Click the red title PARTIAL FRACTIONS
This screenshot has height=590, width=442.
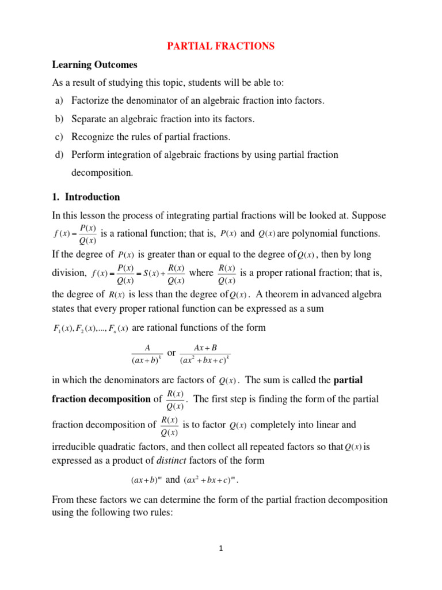point(221,46)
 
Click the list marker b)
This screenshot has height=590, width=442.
point(59,119)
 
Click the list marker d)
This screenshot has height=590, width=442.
point(59,154)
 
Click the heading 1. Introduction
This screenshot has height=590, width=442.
point(86,196)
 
